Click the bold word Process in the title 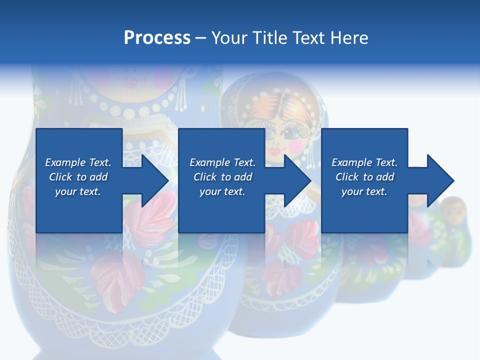[157, 38]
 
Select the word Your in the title [230, 38]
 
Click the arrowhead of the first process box [152, 180]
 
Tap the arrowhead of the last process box [438, 180]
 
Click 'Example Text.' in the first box [78, 162]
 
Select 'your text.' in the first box [78, 191]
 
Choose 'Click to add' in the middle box [222, 177]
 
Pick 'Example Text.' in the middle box [222, 162]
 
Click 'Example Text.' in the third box [364, 162]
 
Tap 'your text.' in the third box [364, 191]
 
